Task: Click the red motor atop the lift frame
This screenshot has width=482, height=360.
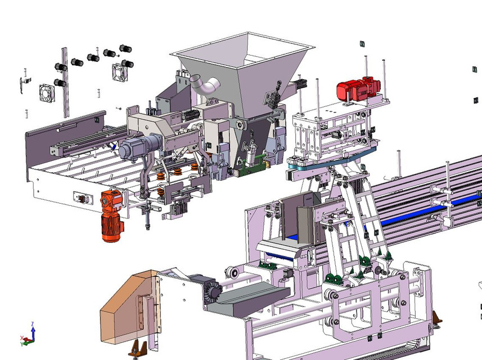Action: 358,88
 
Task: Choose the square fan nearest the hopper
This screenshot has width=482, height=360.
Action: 121,71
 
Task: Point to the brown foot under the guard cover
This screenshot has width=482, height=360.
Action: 138,349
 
